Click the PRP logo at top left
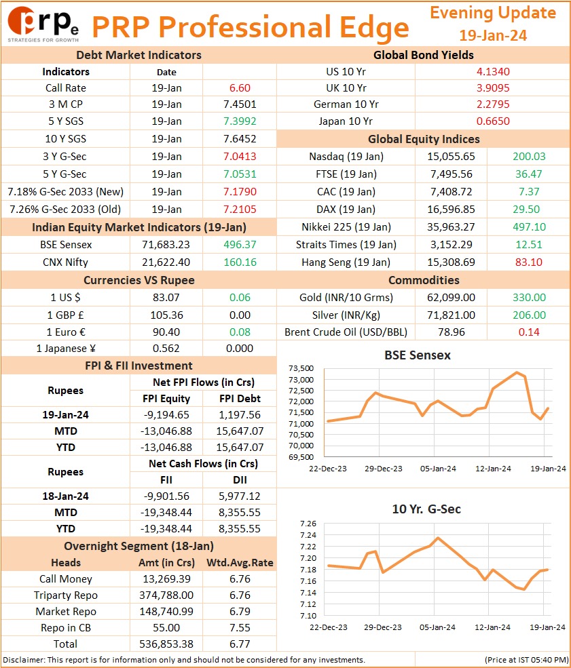click(43, 24)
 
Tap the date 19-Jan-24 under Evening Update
click(493, 35)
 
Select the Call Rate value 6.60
click(240, 88)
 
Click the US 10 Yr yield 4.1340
click(493, 72)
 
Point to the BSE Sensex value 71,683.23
click(166, 245)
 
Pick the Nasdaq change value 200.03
click(529, 157)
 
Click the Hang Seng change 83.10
click(529, 262)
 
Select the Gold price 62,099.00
click(452, 297)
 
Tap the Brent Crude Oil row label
click(346, 332)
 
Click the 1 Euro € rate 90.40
click(166, 332)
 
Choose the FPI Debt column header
click(240, 398)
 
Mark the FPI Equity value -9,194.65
click(166, 414)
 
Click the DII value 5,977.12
click(240, 496)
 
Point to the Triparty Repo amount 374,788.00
click(166, 595)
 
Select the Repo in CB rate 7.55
click(240, 627)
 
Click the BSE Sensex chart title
click(418, 355)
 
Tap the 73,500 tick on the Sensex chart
click(301, 368)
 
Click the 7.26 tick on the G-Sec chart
click(308, 524)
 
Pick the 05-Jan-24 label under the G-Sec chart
click(437, 627)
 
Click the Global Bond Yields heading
click(424, 55)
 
